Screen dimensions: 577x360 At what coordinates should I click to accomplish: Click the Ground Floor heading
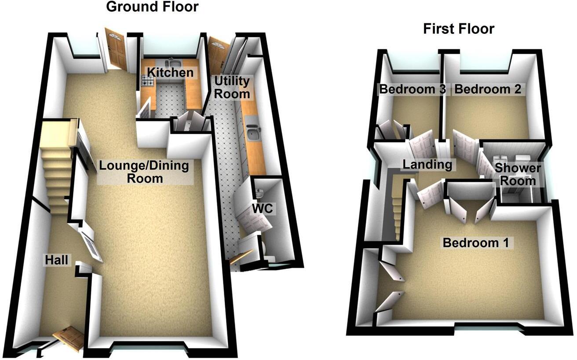click(x=152, y=7)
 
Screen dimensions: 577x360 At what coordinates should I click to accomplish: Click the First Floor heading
click(x=459, y=29)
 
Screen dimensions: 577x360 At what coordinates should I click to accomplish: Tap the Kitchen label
click(x=170, y=73)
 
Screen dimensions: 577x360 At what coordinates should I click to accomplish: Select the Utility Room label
click(x=232, y=87)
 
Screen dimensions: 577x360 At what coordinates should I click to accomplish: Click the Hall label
click(x=57, y=261)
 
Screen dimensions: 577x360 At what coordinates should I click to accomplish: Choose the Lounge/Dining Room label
click(x=143, y=172)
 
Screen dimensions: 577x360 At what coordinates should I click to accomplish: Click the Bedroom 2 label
click(x=488, y=90)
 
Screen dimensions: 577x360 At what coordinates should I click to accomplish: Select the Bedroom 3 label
click(x=413, y=90)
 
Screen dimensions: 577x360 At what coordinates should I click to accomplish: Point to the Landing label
click(x=427, y=165)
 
